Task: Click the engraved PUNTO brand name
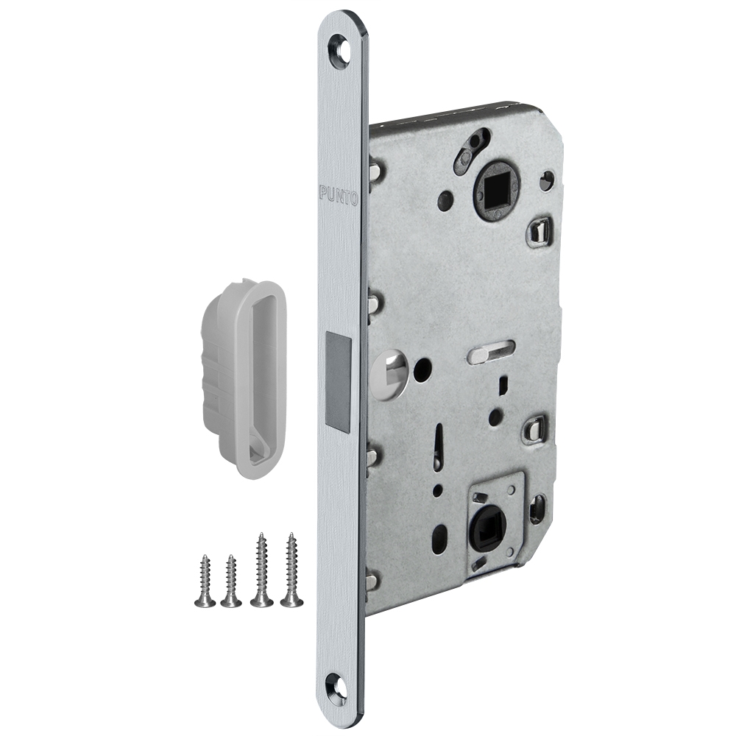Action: point(338,194)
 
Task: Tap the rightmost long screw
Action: point(291,569)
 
